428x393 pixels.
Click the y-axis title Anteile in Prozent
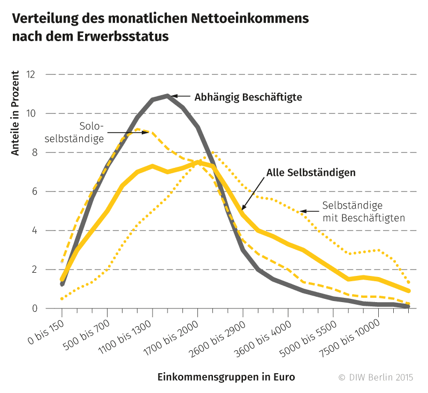coord(16,113)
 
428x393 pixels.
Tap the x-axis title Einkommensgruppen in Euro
coord(226,376)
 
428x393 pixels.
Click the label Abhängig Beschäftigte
coord(249,97)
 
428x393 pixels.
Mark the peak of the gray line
coord(167,96)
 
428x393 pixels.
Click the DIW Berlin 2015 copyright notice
coord(376,377)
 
